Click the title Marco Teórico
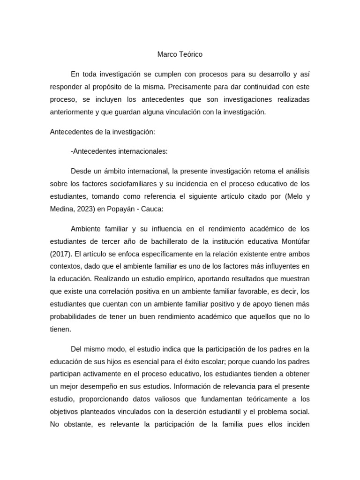180,54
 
